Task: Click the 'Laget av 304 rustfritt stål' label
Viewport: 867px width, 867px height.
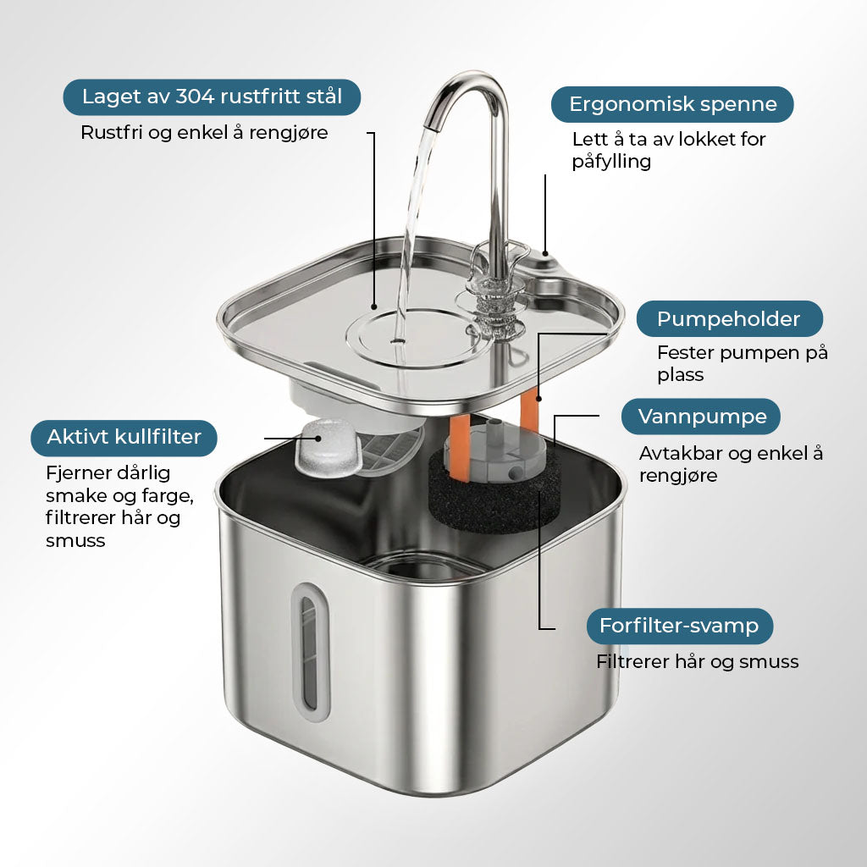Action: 212,97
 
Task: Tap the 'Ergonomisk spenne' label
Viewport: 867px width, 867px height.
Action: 672,104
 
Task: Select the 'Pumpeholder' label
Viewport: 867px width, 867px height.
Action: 729,318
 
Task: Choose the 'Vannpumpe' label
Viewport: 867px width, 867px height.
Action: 701,417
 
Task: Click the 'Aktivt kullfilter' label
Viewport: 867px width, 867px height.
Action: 124,438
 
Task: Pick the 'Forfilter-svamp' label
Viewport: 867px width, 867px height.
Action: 680,626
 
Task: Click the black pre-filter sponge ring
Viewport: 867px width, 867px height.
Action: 487,500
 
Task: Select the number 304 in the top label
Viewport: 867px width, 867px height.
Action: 196,97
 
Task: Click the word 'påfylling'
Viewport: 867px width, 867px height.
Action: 611,162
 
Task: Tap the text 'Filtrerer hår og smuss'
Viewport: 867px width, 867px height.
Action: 698,661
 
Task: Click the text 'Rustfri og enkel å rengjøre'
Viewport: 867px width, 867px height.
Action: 204,133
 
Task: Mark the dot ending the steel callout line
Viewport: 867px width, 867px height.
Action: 374,306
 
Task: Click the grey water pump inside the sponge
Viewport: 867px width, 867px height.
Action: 494,450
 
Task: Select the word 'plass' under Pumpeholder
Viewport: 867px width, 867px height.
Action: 680,375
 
